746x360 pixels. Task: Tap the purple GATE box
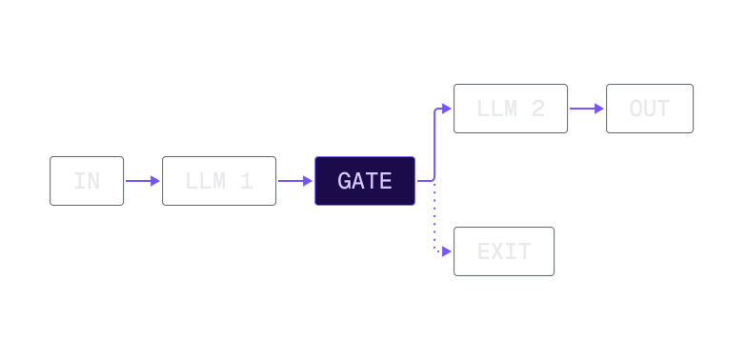point(365,181)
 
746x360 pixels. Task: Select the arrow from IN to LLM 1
point(143,181)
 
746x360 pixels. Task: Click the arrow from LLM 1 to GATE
point(295,181)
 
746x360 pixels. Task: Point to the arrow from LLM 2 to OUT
point(587,109)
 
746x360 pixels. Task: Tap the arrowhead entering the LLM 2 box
point(448,109)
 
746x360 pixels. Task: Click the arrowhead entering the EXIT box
point(448,252)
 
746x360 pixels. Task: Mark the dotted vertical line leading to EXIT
point(435,219)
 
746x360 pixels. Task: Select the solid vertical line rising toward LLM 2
point(435,143)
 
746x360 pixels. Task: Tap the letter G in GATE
point(345,181)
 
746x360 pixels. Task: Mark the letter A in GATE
point(358,181)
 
